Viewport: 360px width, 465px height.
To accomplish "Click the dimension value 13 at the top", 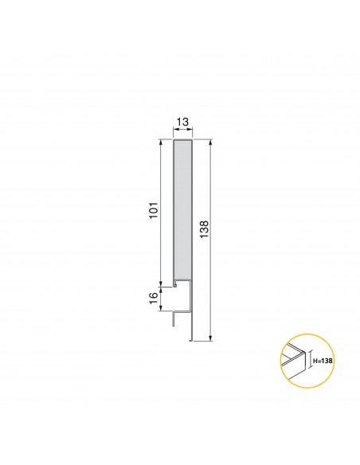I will coord(182,123).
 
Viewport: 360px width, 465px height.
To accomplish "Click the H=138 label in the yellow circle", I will coord(323,361).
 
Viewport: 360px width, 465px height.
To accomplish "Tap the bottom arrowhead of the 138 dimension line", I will coord(210,337).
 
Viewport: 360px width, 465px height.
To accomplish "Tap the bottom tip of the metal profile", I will coord(191,339).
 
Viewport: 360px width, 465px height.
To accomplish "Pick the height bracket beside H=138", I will coord(310,361).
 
